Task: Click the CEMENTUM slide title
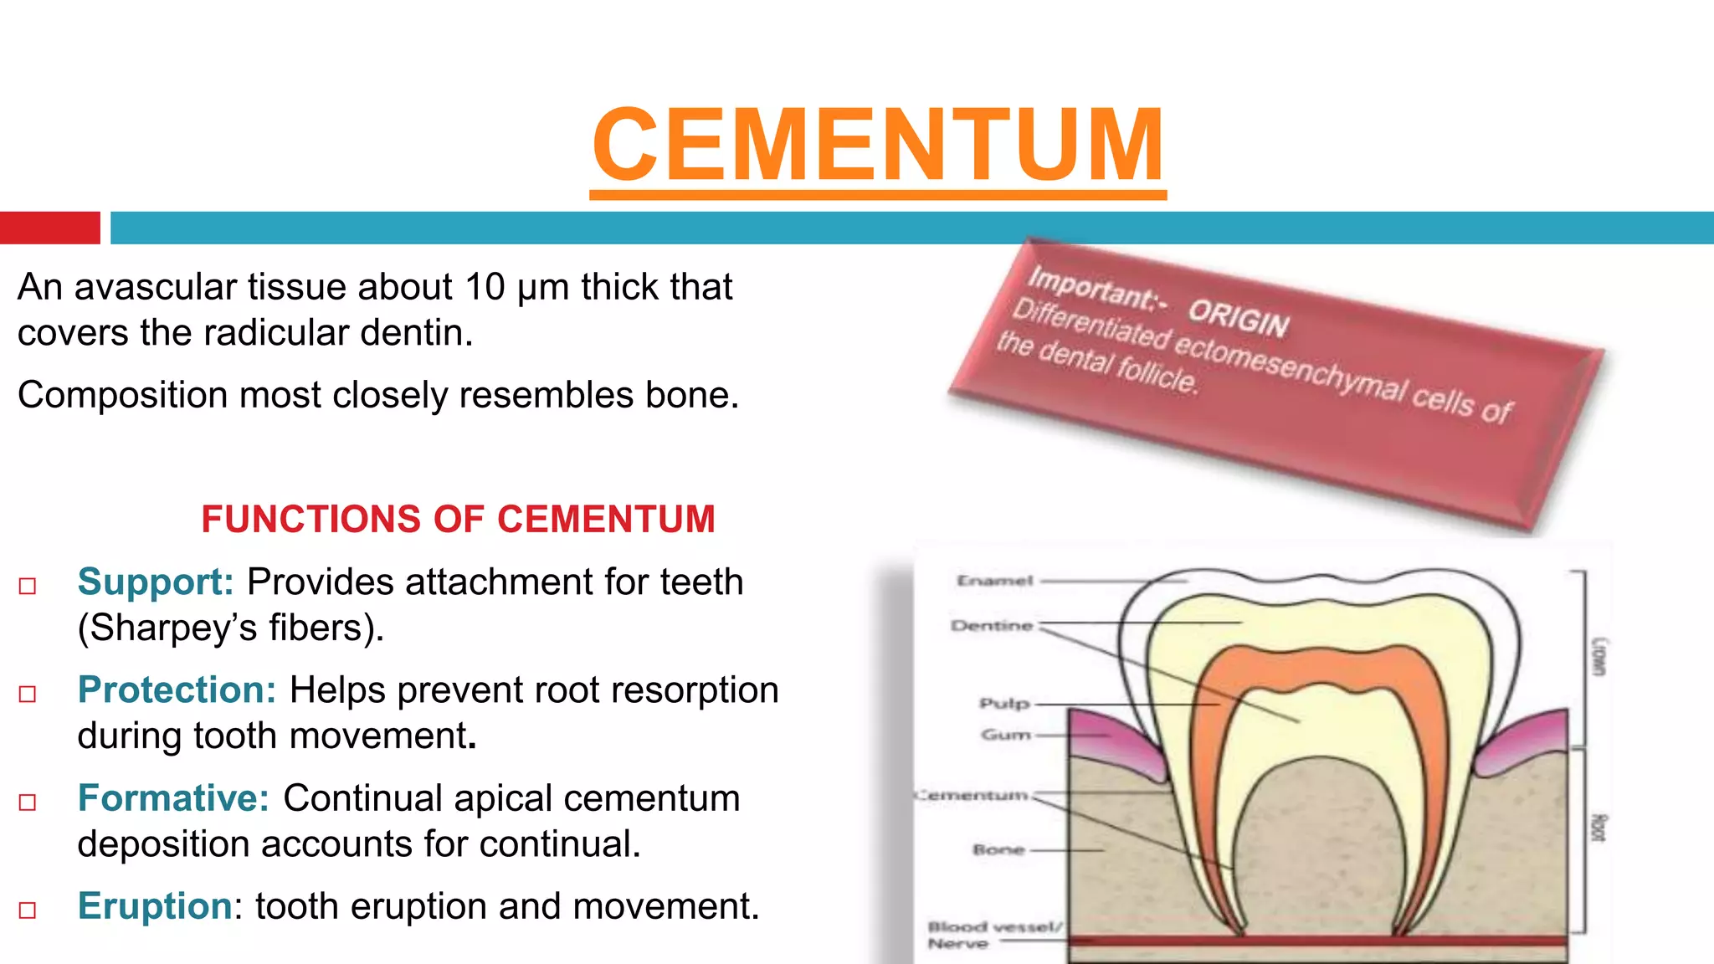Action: coord(878,146)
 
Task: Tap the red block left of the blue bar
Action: coord(49,228)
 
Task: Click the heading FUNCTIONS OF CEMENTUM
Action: coord(458,519)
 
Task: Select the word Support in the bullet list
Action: coord(155,582)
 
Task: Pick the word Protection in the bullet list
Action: coord(177,690)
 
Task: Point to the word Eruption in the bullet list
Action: coord(155,906)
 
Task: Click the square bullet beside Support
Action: coord(28,586)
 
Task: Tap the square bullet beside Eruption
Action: coord(28,910)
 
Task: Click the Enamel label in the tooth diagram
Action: coord(995,581)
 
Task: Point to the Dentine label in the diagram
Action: coord(992,626)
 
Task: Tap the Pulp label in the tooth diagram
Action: coord(1004,704)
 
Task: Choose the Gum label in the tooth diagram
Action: coord(1005,735)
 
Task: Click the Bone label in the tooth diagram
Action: coord(998,850)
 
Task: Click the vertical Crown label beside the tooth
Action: coord(1599,657)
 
